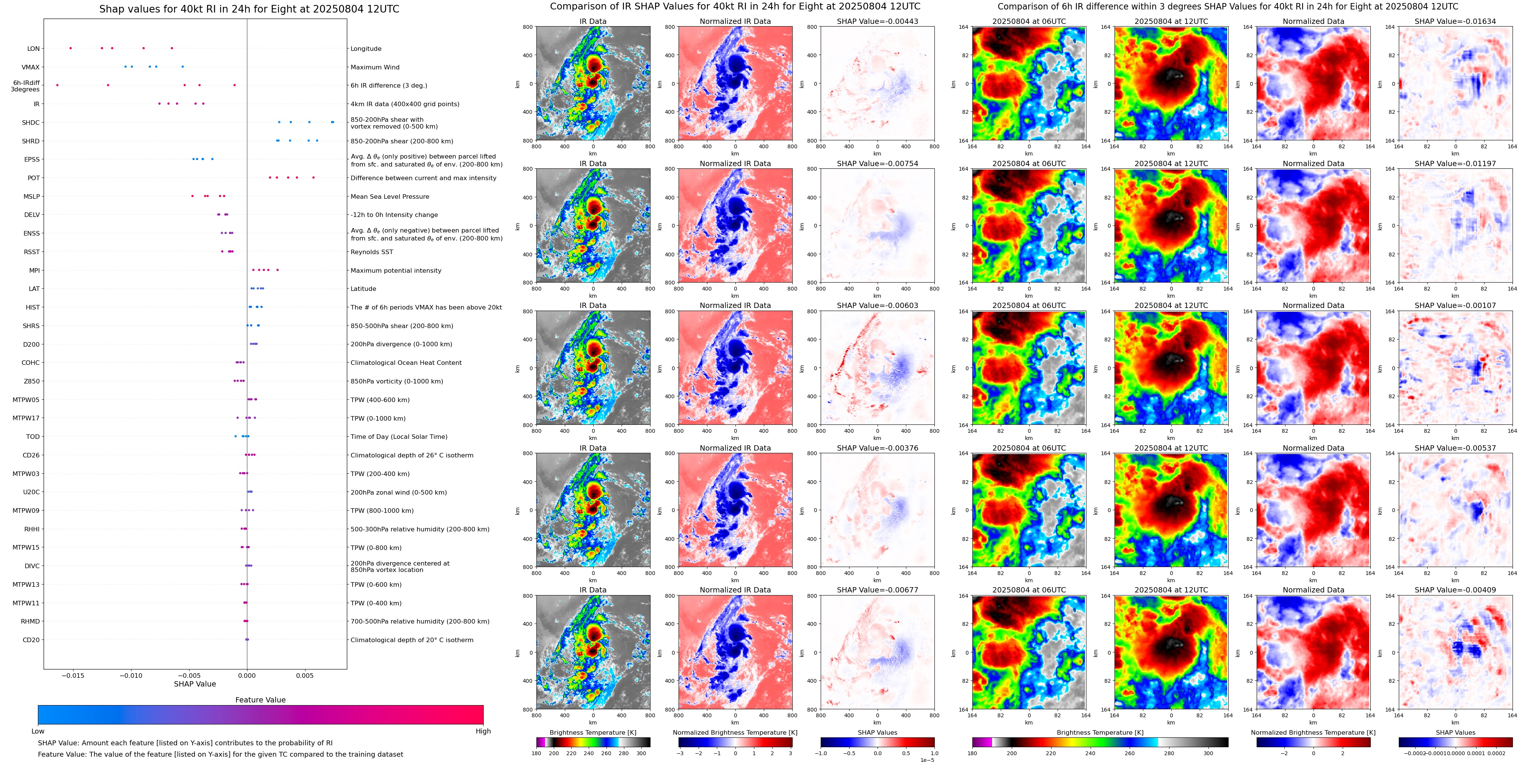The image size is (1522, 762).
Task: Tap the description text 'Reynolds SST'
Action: [x=371, y=252]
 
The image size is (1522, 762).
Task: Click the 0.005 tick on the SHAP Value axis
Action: [x=305, y=675]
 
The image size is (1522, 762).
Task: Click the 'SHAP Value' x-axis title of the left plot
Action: [x=194, y=684]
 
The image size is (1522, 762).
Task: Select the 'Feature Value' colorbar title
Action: [x=260, y=700]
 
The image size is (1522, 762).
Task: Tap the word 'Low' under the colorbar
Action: [x=38, y=731]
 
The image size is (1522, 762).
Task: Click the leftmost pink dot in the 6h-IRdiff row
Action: [x=57, y=85]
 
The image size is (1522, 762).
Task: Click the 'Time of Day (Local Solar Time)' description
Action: [x=399, y=437]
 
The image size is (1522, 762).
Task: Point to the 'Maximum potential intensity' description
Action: [x=395, y=271]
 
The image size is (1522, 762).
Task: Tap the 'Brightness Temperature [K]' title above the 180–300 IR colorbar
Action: [x=592, y=732]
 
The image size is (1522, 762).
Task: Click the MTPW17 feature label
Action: [x=26, y=418]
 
